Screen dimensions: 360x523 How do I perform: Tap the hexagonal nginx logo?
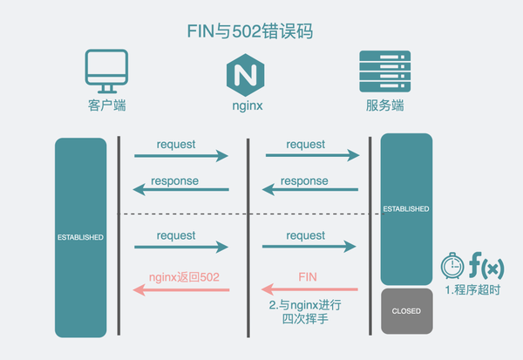click(245, 73)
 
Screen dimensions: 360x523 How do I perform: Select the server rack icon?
click(384, 72)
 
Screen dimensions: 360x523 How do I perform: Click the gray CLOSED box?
click(406, 311)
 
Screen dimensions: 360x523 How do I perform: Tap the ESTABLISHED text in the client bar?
click(81, 237)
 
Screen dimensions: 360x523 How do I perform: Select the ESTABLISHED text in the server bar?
click(406, 209)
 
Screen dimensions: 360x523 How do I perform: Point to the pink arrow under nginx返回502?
click(181, 289)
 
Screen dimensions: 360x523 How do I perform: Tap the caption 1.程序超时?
click(472, 289)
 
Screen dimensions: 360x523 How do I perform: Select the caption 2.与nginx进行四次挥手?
click(304, 314)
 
